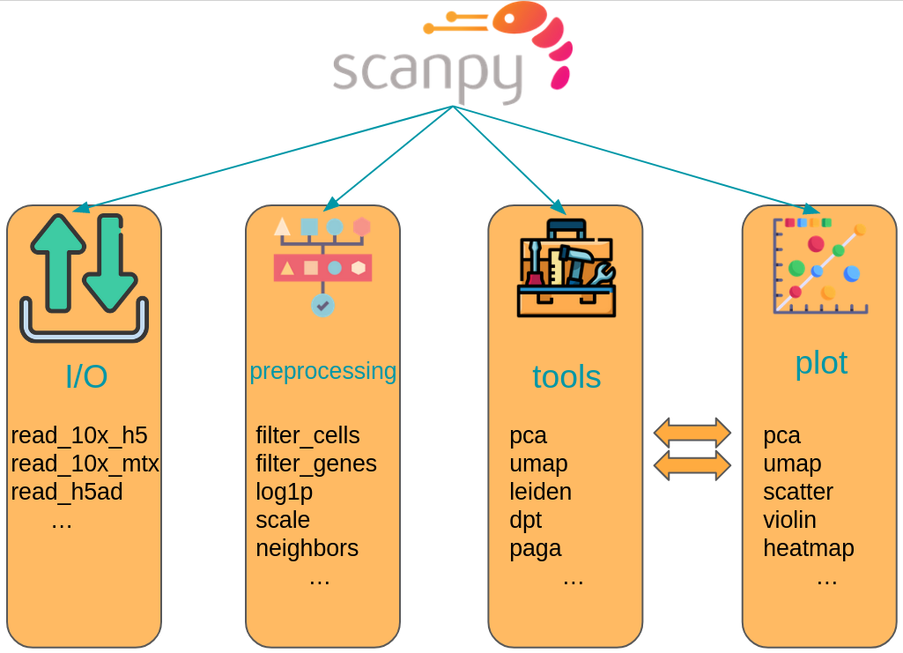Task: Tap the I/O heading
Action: tap(86, 377)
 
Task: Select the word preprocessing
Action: tap(322, 371)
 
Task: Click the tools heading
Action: tap(566, 377)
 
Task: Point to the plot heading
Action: tap(821, 362)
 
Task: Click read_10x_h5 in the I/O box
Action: tap(79, 435)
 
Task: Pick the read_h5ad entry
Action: tap(67, 492)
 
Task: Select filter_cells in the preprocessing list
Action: tap(307, 435)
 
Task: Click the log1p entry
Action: tap(284, 492)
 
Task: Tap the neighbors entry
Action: tap(307, 548)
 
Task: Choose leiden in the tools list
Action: tap(540, 492)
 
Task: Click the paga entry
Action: tap(535, 548)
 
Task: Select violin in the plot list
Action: tap(789, 520)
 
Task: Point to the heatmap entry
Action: tap(808, 548)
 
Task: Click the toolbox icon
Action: tap(566, 268)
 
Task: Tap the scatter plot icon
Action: tap(820, 265)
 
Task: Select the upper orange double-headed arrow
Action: tap(692, 433)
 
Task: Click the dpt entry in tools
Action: tap(525, 520)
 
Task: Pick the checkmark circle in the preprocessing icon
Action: tap(322, 306)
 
